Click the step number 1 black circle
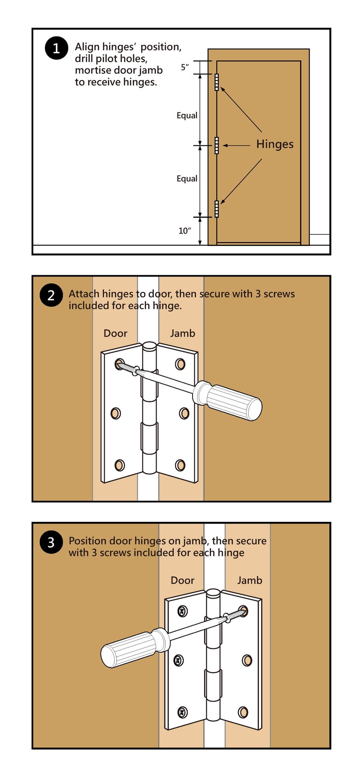coord(56,48)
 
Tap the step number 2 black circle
coord(51,295)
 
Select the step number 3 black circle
coord(51,542)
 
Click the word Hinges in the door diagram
coord(275,144)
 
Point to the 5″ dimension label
coord(185,67)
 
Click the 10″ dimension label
coord(184,231)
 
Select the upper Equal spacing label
coord(187,116)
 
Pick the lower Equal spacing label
coord(187,179)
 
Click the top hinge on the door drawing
coord(217,82)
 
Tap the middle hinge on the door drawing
coord(217,145)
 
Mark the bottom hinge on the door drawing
coord(217,209)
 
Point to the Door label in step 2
coord(115,333)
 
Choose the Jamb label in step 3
coord(249,580)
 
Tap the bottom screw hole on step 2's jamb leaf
coord(180,465)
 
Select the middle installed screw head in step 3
coord(178,661)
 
